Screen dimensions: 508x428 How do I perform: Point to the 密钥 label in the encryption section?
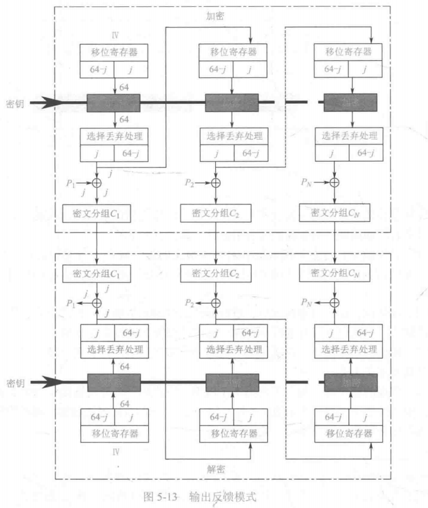(14, 101)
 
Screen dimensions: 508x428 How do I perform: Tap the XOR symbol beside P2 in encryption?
(216, 183)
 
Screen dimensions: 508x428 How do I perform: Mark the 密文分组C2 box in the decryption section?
(216, 274)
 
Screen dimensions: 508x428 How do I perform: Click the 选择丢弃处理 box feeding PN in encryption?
(351, 135)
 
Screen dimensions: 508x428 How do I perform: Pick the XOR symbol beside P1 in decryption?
(97, 302)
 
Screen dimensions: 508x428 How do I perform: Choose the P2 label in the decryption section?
(189, 302)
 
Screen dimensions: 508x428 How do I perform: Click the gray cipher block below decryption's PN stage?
(351, 383)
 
